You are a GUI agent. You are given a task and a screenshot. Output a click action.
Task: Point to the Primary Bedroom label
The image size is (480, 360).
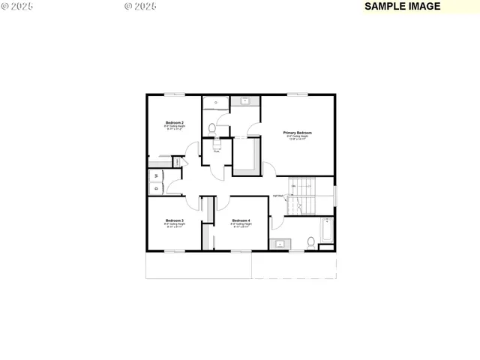pos(297,133)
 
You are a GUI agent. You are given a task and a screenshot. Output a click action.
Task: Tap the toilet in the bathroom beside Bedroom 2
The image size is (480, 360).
pos(212,130)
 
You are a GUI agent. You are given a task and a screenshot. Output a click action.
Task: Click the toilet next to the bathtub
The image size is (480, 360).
pos(310,241)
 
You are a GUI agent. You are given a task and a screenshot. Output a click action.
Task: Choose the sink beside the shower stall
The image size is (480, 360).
pos(244,100)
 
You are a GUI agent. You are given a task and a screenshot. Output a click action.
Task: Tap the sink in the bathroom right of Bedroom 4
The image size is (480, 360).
pos(280,244)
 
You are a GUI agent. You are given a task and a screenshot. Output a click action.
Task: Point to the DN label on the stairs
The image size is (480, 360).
pos(294,185)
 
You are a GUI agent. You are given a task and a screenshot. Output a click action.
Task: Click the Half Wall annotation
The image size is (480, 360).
pos(278,196)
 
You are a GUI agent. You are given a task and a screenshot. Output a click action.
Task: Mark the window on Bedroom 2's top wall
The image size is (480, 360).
pos(174,94)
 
